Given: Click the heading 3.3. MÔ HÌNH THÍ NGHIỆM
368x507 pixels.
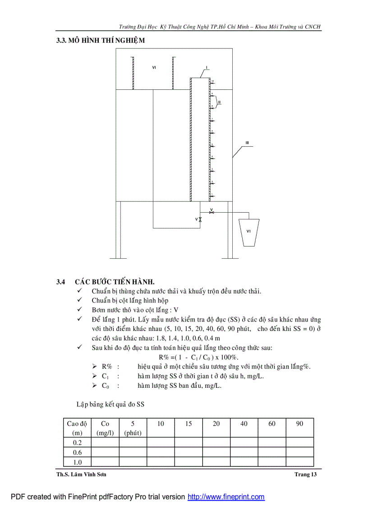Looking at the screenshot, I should point(101,41).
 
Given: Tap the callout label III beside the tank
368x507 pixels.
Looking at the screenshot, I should point(247,143).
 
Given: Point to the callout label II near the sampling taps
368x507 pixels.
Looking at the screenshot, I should point(219,102).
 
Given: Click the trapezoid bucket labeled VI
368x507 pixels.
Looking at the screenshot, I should point(248,232).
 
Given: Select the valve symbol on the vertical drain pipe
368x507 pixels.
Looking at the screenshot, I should point(200,219).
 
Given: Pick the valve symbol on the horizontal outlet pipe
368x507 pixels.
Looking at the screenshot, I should point(212,213).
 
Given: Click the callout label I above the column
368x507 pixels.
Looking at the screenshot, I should point(207,68).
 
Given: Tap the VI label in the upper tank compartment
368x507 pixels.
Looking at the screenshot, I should point(154,68).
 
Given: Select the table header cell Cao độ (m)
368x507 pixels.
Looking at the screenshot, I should point(77,428).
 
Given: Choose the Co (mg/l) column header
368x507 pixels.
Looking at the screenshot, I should point(105,428).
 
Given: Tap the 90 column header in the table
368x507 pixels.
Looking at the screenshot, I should point(299,424).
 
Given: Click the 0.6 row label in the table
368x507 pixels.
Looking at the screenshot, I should point(77,452).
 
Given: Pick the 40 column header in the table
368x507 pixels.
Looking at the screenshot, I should point(244,424).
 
